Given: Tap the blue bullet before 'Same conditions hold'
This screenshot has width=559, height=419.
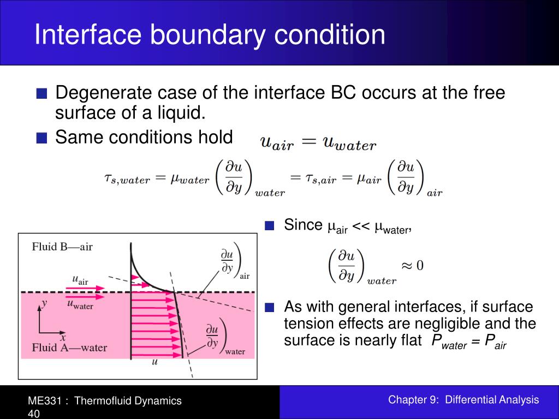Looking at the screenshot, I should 41,138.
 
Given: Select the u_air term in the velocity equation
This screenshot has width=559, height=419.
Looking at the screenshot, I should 277,143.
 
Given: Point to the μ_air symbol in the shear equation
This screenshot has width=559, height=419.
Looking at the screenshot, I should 366,178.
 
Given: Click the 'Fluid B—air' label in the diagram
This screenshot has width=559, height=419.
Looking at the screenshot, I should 62,247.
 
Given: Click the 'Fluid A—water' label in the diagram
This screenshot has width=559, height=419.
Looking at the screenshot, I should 69,348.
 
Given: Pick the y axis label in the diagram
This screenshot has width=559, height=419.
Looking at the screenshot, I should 45,302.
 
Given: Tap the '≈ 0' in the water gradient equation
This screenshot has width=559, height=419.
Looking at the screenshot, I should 413,266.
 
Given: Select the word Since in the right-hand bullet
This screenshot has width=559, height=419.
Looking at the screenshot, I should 304,225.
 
